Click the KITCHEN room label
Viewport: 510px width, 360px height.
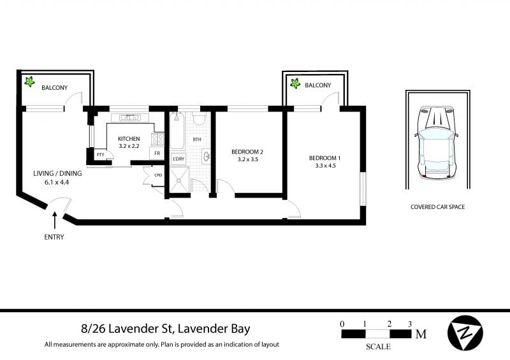click(129, 139)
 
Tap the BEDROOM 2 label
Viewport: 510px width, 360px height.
click(247, 152)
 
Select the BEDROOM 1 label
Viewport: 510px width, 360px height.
click(324, 158)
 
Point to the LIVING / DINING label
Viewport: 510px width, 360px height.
click(57, 173)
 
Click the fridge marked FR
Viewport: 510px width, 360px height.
click(157, 153)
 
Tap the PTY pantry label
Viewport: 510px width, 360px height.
click(101, 155)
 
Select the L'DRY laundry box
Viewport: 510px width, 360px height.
click(178, 159)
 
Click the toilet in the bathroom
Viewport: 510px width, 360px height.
click(199, 118)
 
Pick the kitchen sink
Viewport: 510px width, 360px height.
click(130, 117)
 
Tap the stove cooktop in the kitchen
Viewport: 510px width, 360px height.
click(157, 139)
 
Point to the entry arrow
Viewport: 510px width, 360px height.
click(55, 220)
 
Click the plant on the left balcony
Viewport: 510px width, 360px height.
click(29, 82)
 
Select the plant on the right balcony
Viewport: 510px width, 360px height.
click(295, 83)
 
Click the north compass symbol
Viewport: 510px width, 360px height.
click(465, 333)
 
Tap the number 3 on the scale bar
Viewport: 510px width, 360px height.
click(410, 324)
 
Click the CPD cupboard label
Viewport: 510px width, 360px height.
click(158, 175)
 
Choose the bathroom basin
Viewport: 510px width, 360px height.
click(206, 156)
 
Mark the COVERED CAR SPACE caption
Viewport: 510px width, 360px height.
click(437, 207)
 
